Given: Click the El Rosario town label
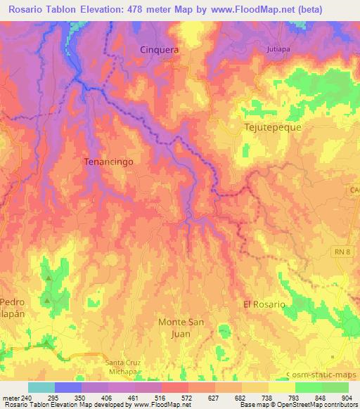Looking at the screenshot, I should [x=264, y=304].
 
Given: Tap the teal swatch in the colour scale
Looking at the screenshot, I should [x=41, y=387].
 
